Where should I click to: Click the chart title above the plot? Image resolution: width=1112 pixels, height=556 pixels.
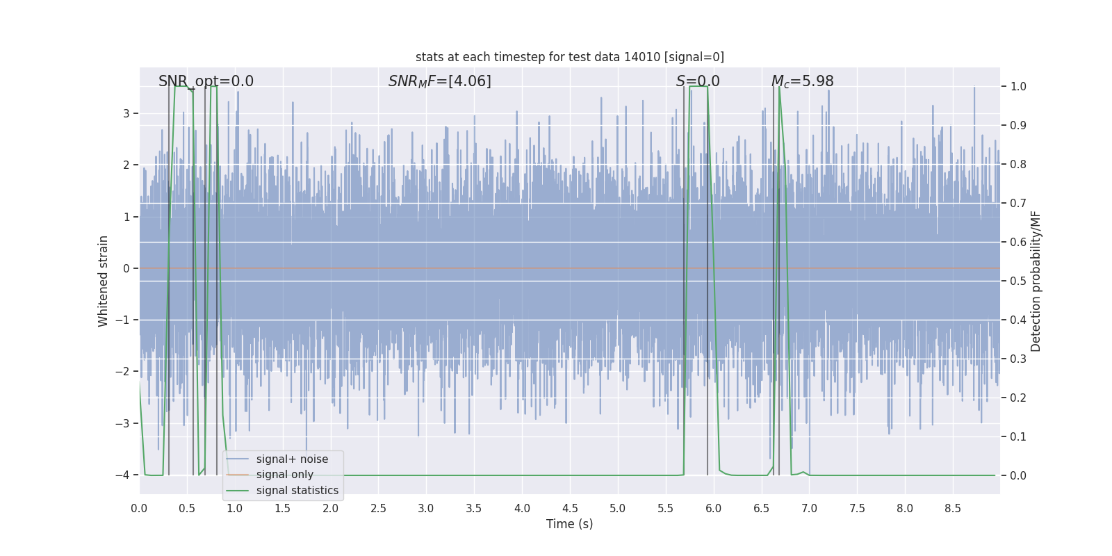569,57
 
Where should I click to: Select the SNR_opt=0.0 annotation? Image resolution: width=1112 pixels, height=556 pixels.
206,81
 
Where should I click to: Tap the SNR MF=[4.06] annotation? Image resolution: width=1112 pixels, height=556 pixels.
439,81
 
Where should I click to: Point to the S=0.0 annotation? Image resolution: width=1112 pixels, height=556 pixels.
698,81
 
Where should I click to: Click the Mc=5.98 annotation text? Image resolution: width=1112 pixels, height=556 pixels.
802,81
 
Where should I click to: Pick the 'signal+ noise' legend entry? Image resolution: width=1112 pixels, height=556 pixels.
292,459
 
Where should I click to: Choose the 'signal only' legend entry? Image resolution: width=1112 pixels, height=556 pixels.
284,475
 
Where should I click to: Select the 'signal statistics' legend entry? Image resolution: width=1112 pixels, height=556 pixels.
297,491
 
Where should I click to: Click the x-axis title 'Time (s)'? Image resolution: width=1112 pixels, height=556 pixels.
569,524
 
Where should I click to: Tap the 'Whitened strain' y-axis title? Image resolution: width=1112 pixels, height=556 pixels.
104,281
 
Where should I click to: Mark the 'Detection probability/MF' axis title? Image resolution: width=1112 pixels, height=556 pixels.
1036,281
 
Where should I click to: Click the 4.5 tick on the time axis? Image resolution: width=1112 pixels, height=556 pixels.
570,508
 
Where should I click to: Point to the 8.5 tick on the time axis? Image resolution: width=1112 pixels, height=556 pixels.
953,508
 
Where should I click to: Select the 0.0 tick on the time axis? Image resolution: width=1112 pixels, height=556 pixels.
139,508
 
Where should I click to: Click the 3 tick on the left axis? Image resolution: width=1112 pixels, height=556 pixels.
126,113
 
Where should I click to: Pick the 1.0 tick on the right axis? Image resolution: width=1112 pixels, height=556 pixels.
1018,87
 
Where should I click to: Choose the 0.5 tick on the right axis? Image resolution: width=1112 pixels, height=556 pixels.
1018,281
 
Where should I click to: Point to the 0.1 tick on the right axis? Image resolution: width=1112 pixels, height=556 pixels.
1018,437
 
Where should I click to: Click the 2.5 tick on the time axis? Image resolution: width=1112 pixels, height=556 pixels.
378,508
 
